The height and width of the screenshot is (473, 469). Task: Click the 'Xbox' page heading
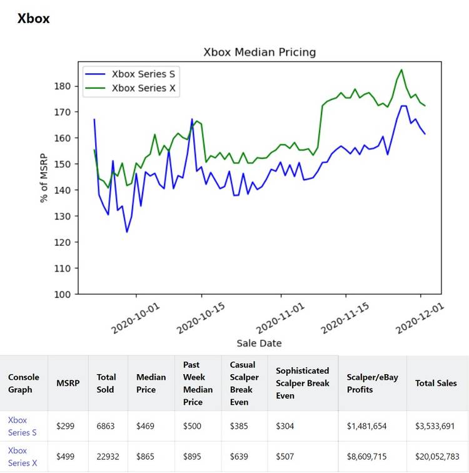(34, 18)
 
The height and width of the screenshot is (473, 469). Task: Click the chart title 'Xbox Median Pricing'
(260, 52)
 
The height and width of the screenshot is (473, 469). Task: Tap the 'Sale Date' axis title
(259, 343)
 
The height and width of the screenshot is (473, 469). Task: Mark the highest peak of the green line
(401, 69)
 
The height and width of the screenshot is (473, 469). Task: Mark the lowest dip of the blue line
(127, 232)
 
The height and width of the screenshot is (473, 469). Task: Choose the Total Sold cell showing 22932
(108, 457)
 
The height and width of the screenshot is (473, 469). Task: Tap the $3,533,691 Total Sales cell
(436, 426)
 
